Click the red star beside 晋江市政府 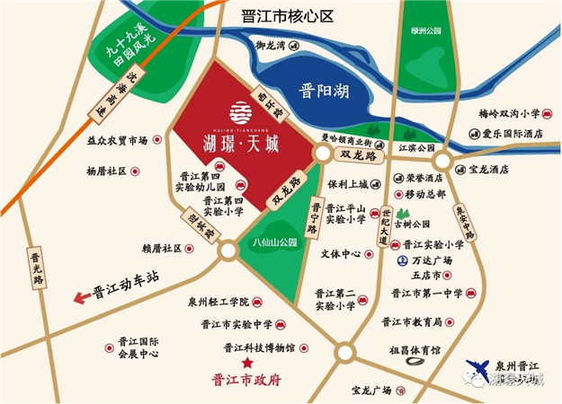(x=246, y=362)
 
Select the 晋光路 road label (x=37, y=267)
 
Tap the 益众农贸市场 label (x=116, y=141)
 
